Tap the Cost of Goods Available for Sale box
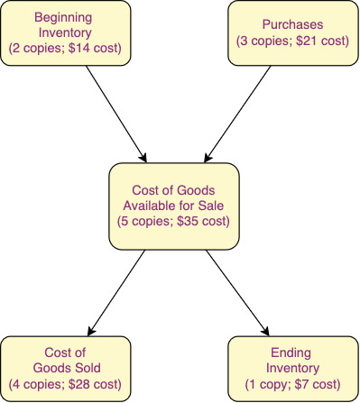pyautogui.click(x=175, y=204)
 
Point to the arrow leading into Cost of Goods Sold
pyautogui.click(x=115, y=291)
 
